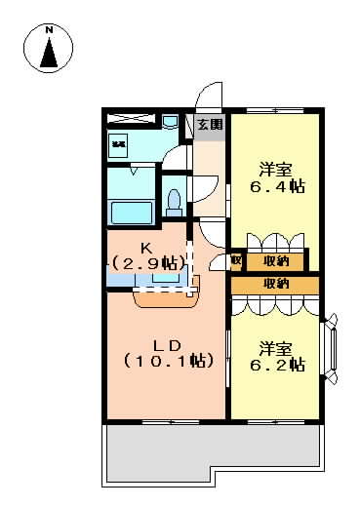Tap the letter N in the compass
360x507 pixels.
pyautogui.click(x=49, y=31)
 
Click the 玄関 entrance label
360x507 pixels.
pyautogui.click(x=210, y=124)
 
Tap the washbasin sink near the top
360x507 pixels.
pyautogui.click(x=170, y=122)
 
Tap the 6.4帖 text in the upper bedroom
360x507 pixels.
pyautogui.click(x=276, y=184)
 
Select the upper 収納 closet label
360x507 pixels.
pyautogui.click(x=275, y=260)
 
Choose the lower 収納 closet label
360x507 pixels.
pyautogui.click(x=275, y=284)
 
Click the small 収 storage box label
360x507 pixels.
pyautogui.click(x=236, y=260)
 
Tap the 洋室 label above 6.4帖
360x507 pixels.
pyautogui.click(x=276, y=166)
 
